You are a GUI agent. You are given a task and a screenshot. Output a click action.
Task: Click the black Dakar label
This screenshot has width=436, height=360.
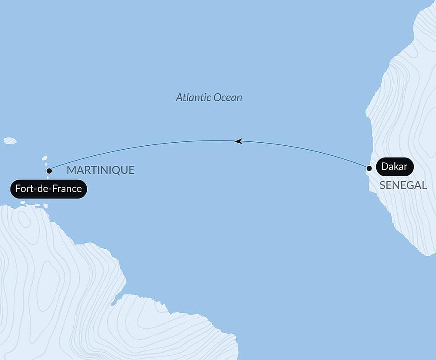(394, 166)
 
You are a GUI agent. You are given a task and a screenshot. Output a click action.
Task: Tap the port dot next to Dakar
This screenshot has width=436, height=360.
(369, 168)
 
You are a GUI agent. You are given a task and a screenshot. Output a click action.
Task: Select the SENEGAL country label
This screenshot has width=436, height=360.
(403, 185)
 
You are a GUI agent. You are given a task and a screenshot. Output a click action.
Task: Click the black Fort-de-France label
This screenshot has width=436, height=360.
(48, 189)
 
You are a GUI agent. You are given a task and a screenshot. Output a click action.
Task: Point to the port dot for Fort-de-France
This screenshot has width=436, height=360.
(49, 171)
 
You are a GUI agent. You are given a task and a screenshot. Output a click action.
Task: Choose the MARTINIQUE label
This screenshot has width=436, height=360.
(100, 170)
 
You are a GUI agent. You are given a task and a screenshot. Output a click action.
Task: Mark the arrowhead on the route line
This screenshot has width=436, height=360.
(238, 141)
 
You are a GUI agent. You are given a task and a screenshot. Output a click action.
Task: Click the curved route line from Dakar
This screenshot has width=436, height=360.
(305, 149)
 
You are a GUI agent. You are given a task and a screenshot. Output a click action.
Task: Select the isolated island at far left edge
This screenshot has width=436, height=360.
(10, 141)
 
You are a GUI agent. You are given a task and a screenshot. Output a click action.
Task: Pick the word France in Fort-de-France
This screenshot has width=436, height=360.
(67, 189)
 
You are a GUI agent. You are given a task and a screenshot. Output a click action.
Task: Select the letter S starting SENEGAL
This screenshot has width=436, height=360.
(382, 185)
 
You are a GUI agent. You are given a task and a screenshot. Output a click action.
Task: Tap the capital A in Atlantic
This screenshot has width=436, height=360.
(179, 97)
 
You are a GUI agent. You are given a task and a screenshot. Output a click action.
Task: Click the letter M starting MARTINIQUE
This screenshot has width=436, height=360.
(71, 170)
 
